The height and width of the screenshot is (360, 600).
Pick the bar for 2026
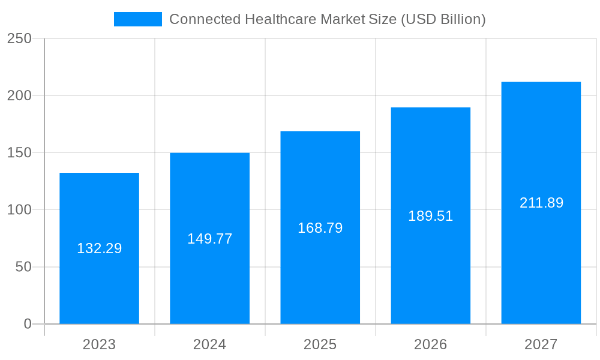pos(430,264)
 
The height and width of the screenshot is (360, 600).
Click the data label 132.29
pos(99,248)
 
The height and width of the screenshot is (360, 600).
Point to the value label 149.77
pos(209,239)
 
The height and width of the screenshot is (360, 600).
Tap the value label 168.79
pos(320,228)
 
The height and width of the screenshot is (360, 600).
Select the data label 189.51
pos(430,216)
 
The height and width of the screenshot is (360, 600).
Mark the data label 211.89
pos(541,203)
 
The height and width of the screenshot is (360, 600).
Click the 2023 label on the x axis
pos(99,344)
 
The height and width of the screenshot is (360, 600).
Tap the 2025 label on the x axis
pos(320,344)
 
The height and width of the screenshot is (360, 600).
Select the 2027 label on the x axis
pos(541,344)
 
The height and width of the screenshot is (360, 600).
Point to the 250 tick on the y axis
pos(19,38)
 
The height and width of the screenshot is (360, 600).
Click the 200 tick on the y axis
pos(19,95)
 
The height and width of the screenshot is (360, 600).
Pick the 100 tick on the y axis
pos(19,210)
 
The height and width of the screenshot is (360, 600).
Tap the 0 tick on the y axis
pos(28,324)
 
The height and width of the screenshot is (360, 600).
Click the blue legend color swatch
pos(137,19)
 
